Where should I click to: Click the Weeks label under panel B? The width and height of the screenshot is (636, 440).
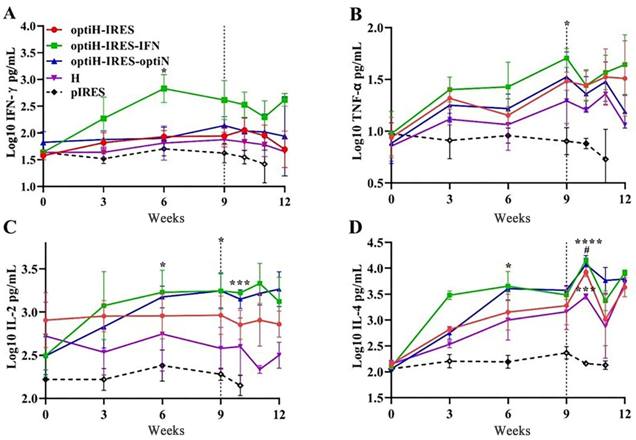512,218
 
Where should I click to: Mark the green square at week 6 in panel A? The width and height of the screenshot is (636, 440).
164,89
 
